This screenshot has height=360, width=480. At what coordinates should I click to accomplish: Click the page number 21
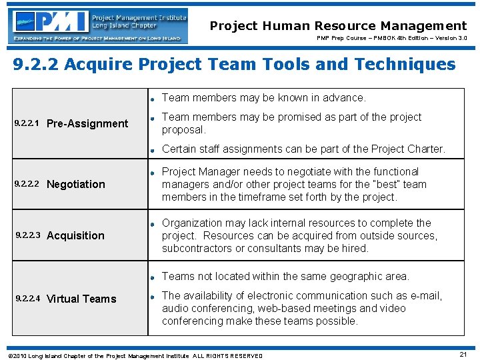click(x=463, y=353)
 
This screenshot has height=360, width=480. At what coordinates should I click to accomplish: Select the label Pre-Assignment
click(x=87, y=123)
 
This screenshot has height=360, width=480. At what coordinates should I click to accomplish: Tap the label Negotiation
click(x=76, y=185)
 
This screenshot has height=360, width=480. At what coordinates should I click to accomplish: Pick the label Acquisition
click(x=75, y=235)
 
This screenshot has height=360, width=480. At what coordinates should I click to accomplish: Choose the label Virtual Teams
click(x=81, y=299)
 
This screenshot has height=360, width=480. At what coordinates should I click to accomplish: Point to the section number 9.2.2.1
click(x=27, y=123)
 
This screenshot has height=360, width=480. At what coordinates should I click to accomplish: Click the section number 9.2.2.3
click(x=27, y=235)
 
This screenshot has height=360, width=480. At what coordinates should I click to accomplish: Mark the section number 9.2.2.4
click(x=27, y=299)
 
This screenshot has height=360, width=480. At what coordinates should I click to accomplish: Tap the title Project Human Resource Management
click(x=338, y=26)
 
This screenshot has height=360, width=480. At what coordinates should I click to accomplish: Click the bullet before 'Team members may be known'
click(x=153, y=98)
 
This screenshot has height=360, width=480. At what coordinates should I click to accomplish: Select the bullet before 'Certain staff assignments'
click(x=153, y=149)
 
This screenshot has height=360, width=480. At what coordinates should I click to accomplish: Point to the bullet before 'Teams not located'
click(x=153, y=277)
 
